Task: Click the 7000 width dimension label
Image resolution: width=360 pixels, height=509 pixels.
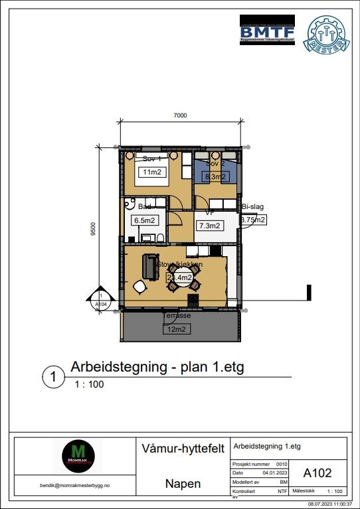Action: pyautogui.click(x=180, y=115)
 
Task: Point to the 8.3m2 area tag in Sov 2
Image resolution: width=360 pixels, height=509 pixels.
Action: pyautogui.click(x=216, y=177)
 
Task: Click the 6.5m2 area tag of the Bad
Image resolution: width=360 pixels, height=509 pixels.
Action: pyautogui.click(x=144, y=220)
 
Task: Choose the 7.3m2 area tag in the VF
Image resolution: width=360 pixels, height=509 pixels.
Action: pyautogui.click(x=209, y=226)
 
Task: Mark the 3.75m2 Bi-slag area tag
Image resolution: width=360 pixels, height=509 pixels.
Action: pyautogui.click(x=252, y=220)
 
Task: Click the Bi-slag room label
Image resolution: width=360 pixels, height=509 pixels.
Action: pyautogui.click(x=253, y=207)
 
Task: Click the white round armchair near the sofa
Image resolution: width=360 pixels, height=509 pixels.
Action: pyautogui.click(x=139, y=287)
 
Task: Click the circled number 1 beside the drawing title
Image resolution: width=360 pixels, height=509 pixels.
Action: pyautogui.click(x=53, y=377)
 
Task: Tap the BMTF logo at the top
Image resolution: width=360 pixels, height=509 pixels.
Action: pyautogui.click(x=266, y=31)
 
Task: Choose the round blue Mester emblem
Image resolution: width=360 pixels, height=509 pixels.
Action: pyautogui.click(x=324, y=33)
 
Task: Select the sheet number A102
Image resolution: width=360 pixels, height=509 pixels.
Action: pyautogui.click(x=317, y=473)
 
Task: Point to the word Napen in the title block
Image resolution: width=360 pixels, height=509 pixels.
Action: pyautogui.click(x=182, y=484)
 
